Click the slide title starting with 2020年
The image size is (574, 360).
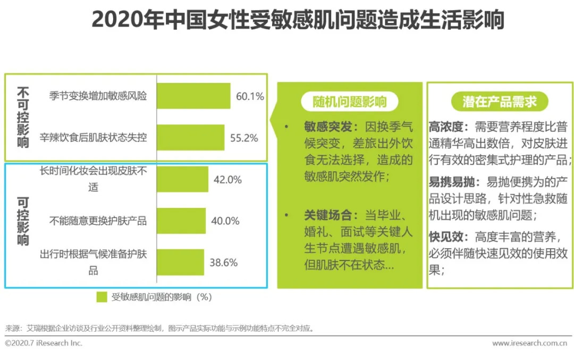tap(298, 21)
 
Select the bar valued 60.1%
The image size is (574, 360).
tap(193, 96)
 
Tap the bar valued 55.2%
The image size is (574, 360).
tap(191, 138)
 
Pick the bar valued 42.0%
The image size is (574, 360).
tap(183, 179)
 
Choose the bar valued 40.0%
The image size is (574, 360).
tap(181, 221)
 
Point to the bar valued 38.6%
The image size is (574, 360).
tap(181, 262)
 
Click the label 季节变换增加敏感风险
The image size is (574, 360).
tap(98, 96)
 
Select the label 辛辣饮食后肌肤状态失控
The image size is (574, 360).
tap(94, 138)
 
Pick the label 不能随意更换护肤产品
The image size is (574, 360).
tap(98, 221)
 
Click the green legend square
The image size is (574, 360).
tap(102, 297)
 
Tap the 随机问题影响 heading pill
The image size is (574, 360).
tap(350, 102)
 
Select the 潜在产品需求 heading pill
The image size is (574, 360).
tap(499, 102)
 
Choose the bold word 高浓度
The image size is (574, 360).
tap(447, 127)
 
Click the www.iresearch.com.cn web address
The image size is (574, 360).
tap(529, 344)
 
